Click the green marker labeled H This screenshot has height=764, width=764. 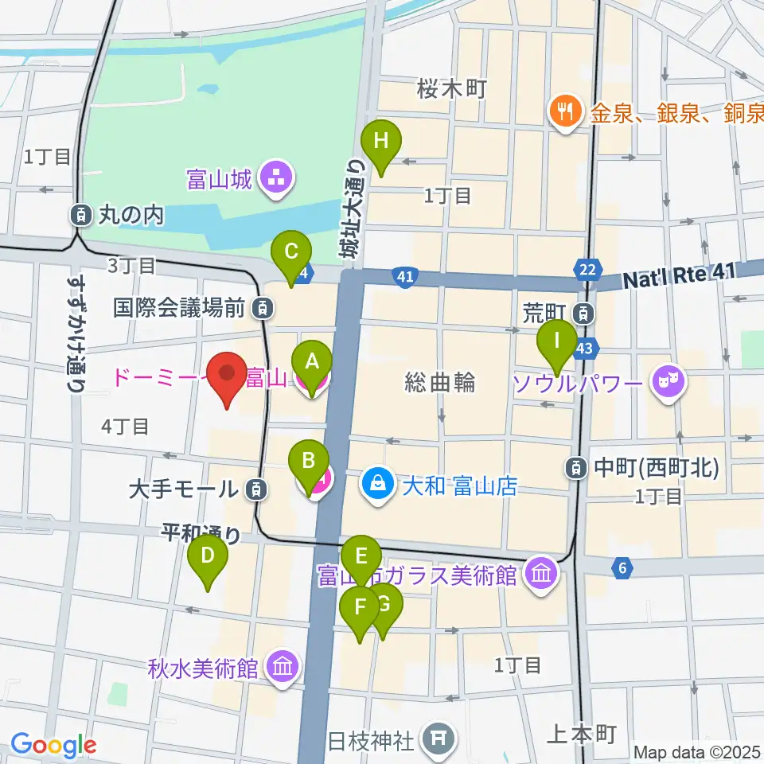pos(381,143)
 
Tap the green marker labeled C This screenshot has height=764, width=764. pos(291,253)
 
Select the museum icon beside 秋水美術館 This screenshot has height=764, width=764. pos(283,666)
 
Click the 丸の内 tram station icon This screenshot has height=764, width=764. pos(81,213)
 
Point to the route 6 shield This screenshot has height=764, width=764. pos(622,567)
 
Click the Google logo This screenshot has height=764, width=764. pos(53,745)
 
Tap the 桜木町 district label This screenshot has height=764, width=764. pos(451,89)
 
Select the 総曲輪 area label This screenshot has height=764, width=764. pos(440,383)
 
